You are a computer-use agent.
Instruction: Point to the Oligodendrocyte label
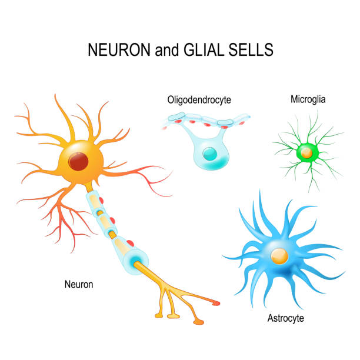click(x=198, y=100)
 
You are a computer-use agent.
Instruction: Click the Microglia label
click(x=308, y=99)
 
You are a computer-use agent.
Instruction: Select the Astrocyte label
click(x=285, y=319)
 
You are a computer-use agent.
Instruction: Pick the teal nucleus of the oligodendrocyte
click(x=209, y=154)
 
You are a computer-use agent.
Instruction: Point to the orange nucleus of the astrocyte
click(x=279, y=255)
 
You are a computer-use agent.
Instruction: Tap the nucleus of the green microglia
click(x=306, y=153)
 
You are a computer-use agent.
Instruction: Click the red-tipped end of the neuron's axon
click(x=215, y=303)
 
